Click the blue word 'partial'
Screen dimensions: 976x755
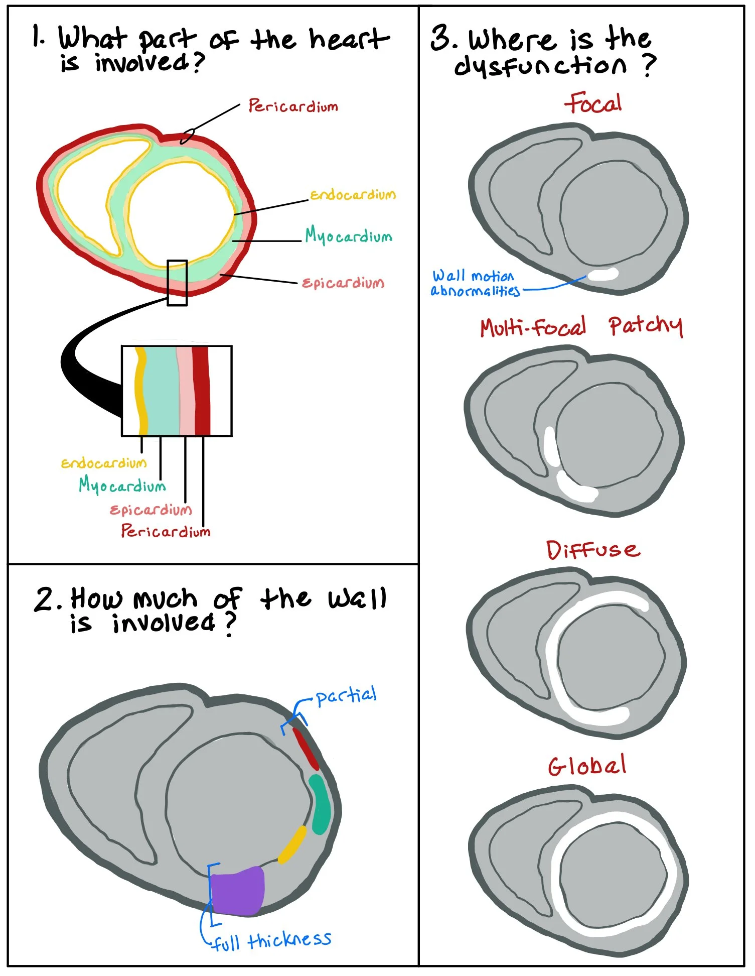pos(346,696)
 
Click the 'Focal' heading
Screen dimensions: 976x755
pos(593,103)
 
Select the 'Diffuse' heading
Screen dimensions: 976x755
pos(593,550)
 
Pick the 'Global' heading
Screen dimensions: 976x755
pos(587,766)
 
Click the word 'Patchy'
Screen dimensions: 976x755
pos(646,326)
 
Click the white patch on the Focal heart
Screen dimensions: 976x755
pos(603,274)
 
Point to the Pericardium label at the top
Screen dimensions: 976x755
pos(293,106)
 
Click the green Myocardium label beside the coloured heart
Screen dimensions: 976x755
pos(349,235)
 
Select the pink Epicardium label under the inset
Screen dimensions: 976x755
pos(150,510)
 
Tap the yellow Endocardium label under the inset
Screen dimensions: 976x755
pos(104,463)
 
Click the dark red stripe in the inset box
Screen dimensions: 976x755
pos(202,390)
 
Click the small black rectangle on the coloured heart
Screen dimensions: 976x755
pos(177,283)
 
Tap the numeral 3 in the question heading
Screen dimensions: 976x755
pos(441,39)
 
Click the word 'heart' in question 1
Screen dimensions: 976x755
pos(349,39)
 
